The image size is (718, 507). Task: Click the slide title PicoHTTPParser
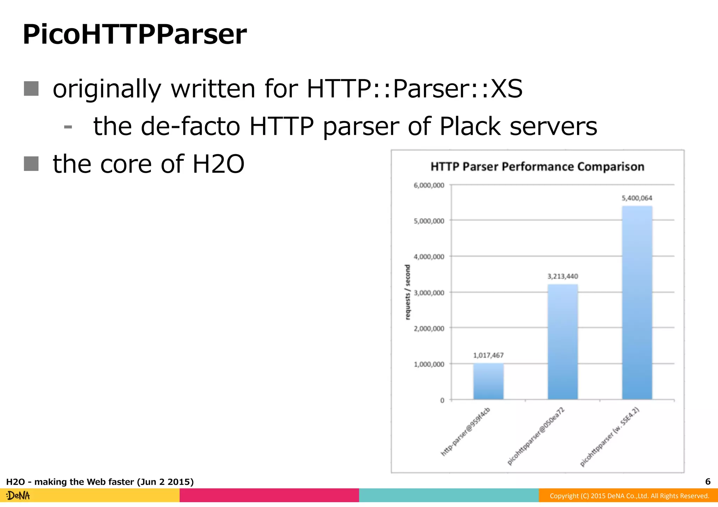click(x=135, y=35)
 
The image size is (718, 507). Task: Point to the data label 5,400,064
click(x=637, y=198)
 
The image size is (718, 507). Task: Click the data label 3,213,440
click(x=562, y=276)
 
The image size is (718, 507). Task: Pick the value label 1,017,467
click(x=488, y=355)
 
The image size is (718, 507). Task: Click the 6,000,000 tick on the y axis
click(x=429, y=185)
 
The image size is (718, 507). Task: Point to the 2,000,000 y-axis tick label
click(x=429, y=329)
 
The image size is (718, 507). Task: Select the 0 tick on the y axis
click(x=442, y=400)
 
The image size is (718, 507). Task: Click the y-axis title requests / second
click(x=407, y=292)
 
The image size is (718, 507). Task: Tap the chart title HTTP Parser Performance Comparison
click(x=537, y=167)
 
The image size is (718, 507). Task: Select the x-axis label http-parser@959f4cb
click(x=465, y=432)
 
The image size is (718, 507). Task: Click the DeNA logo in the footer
click(x=18, y=496)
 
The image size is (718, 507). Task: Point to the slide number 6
click(x=707, y=482)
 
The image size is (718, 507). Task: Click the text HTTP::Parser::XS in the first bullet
click(x=414, y=89)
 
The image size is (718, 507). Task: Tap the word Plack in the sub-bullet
click(x=470, y=126)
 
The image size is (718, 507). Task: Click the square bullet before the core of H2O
click(x=31, y=164)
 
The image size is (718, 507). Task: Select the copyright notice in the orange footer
click(x=629, y=496)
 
